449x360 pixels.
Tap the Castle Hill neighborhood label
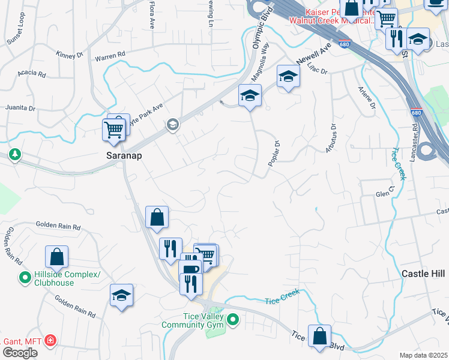[424, 274]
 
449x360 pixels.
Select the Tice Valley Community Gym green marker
[234, 320]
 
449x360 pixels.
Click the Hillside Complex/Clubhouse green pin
[25, 278]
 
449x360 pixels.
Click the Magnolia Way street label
[259, 66]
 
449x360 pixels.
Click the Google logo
[20, 353]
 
